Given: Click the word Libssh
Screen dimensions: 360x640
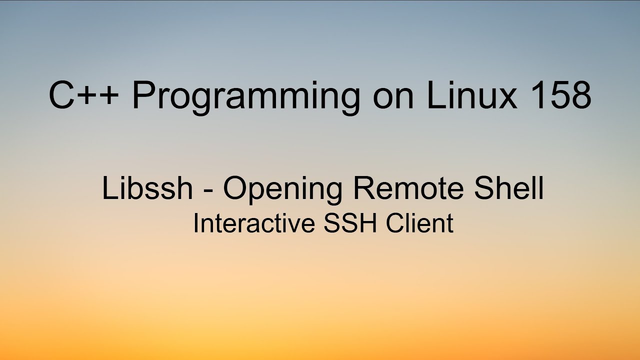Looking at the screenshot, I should pyautogui.click(x=147, y=188).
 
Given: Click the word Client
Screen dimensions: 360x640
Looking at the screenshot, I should pyautogui.click(x=419, y=223).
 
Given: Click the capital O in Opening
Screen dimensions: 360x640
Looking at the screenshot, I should pyautogui.click(x=235, y=188).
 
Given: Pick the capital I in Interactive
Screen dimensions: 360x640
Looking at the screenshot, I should pyautogui.click(x=195, y=223).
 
